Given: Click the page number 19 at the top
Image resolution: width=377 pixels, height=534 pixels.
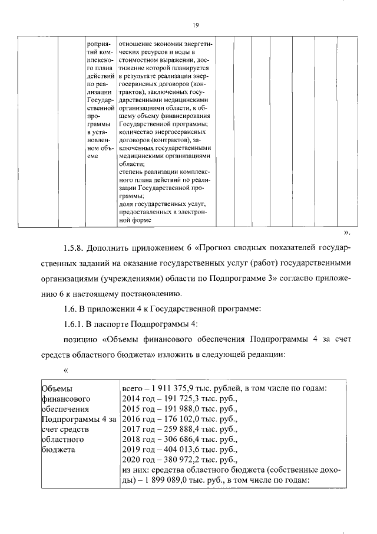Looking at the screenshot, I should pyautogui.click(x=194, y=25).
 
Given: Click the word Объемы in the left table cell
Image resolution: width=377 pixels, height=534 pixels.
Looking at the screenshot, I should pyautogui.click(x=55, y=388).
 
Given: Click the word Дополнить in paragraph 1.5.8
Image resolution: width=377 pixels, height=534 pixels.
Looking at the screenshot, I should pyautogui.click(x=118, y=245).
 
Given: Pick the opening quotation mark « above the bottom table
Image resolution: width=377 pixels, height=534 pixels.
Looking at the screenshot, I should pyautogui.click(x=66, y=370).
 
